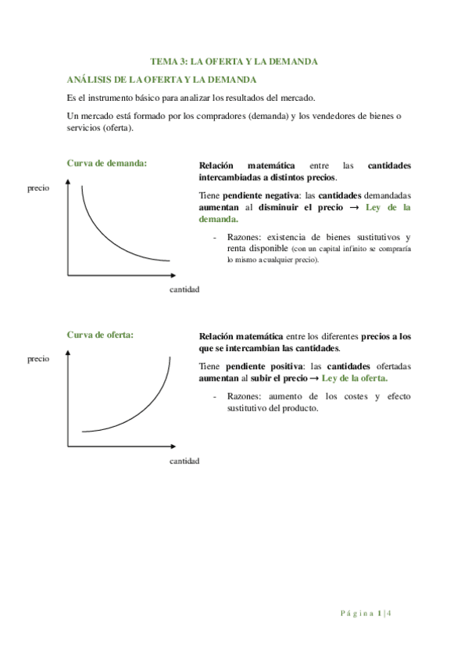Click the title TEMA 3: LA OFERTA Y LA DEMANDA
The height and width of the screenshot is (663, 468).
pos(234,61)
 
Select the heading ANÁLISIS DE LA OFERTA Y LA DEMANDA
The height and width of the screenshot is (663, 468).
pos(162,80)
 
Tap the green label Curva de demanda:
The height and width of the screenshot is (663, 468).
pos(107,163)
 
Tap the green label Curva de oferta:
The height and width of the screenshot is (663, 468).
pos(100,335)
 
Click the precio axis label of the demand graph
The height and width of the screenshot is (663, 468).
pos(38,188)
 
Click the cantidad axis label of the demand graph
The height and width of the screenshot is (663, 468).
pos(184,289)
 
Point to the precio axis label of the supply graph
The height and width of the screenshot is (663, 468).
pos(38,359)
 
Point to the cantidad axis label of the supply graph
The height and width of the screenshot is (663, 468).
pos(184,461)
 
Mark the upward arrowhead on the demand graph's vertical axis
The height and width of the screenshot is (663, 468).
pos(68,183)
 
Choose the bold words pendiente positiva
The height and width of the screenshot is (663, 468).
pos(256,366)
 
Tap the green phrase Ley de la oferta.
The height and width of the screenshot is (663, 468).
pos(355,378)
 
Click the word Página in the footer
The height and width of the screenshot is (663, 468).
pos(357,614)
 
